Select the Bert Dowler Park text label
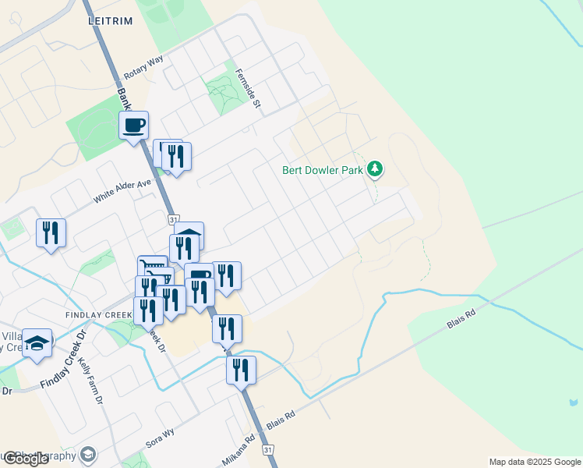tap(323, 169)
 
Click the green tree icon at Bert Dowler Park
tap(376, 168)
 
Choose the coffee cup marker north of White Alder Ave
tap(134, 125)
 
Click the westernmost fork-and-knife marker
tap(51, 232)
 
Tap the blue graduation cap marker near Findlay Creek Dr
tap(37, 343)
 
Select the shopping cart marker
tap(153, 270)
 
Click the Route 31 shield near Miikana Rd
tap(268, 450)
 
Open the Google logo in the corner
tap(25, 459)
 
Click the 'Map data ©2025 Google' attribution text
tap(535, 462)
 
